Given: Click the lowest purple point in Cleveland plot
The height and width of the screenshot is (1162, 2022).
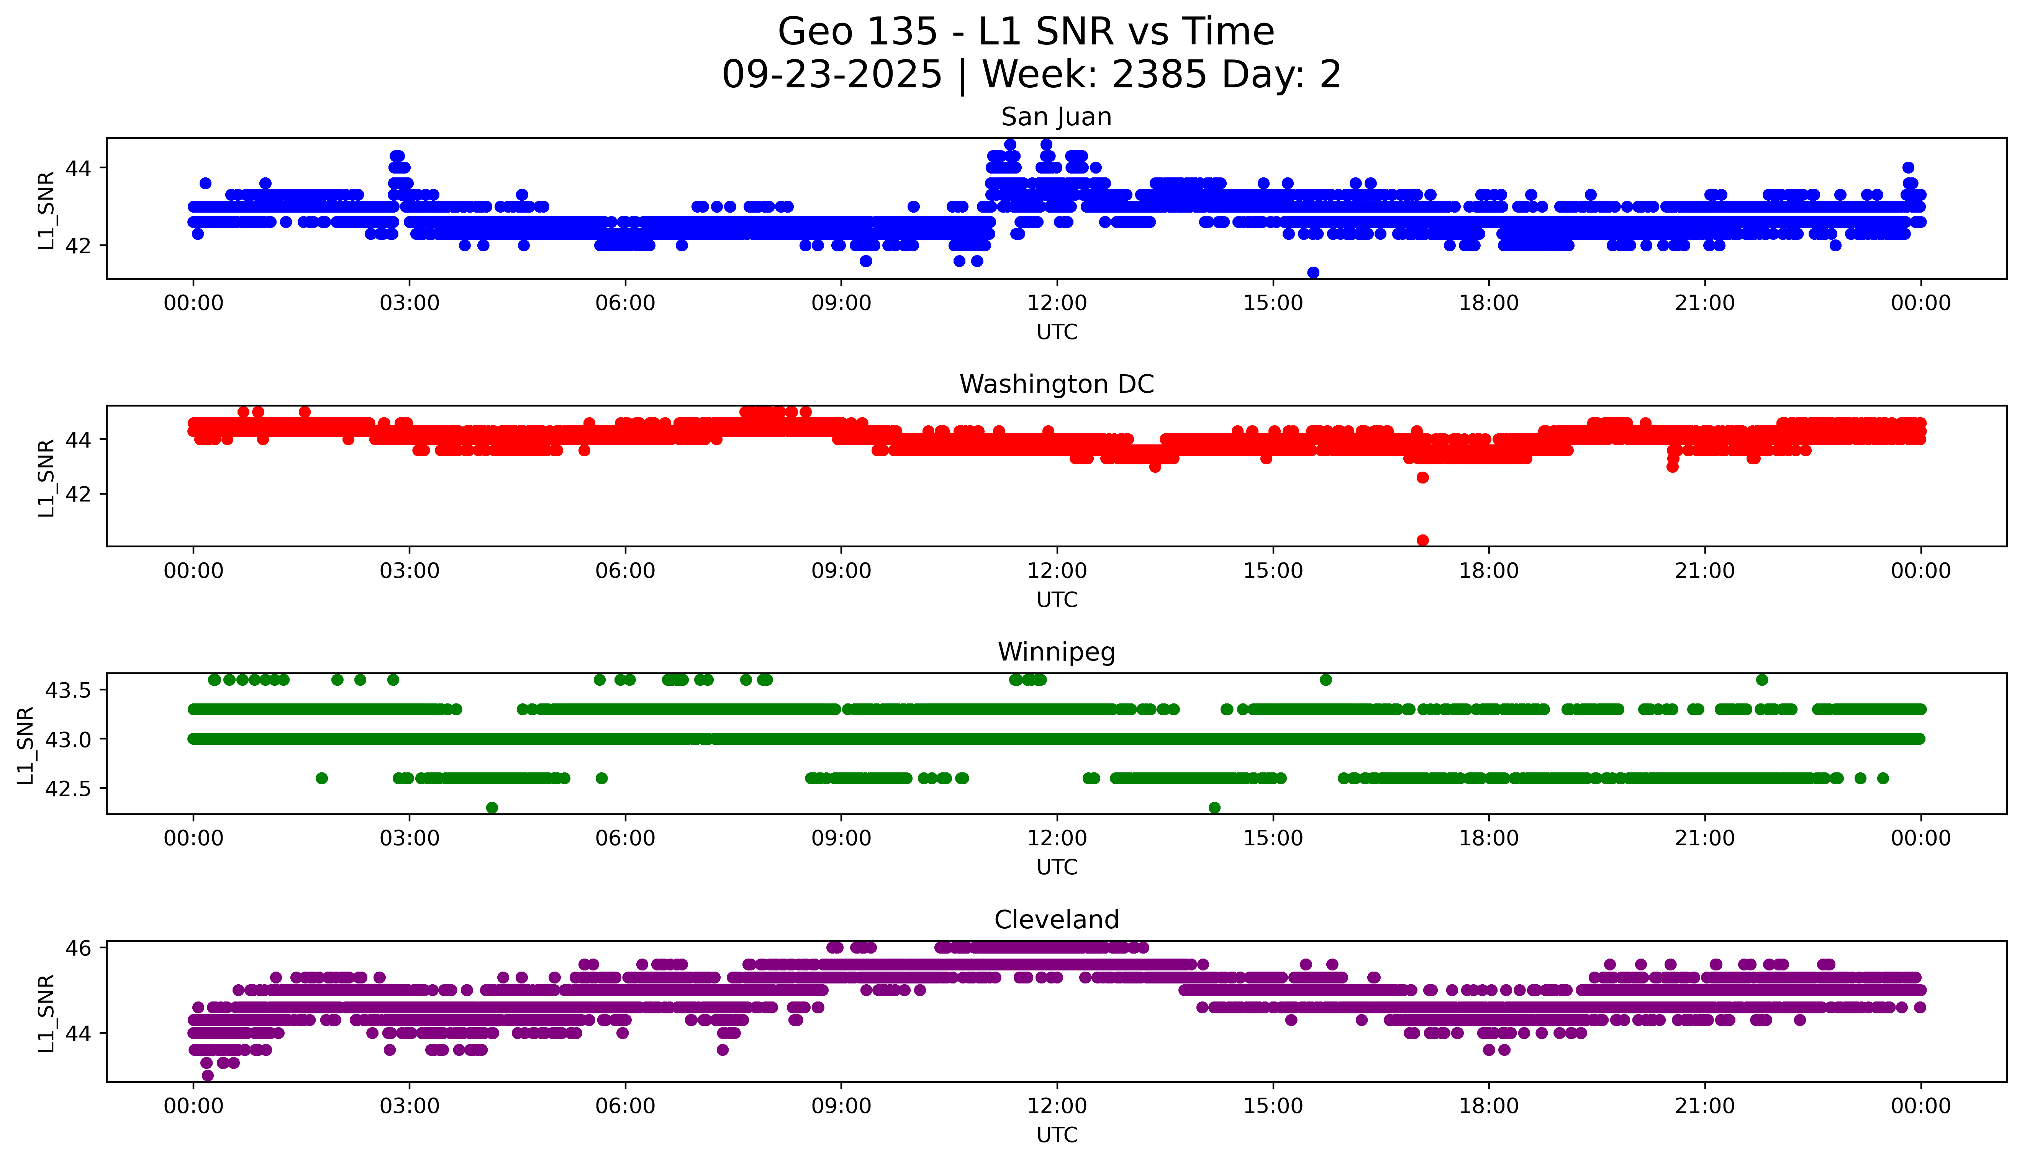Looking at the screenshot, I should click(x=208, y=1075).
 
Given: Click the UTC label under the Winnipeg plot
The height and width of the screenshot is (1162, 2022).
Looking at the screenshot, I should click(x=1057, y=867).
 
